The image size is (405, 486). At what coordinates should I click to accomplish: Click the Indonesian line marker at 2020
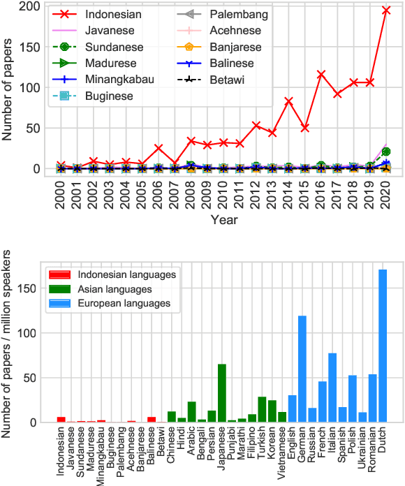point(386,10)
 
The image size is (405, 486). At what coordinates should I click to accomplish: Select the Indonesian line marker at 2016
point(321,74)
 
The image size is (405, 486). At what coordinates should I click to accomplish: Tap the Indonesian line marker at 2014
point(288,101)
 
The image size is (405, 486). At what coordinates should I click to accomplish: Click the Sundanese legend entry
point(113,47)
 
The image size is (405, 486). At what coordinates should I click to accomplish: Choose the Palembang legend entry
point(238,13)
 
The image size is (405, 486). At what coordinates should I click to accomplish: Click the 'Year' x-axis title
point(224,220)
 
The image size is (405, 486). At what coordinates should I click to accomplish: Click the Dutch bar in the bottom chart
point(383,346)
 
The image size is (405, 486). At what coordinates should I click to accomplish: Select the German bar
point(302,369)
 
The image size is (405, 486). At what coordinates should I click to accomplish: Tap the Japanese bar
point(222,393)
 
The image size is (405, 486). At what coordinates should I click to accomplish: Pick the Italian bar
point(332,388)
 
